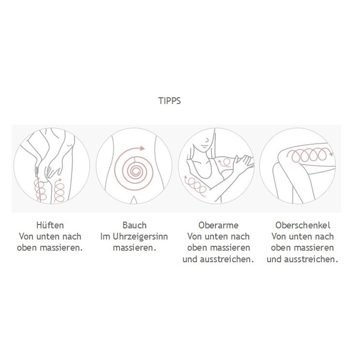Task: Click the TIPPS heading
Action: pos(169,101)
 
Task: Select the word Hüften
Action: pos(50,225)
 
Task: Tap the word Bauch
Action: pos(135,225)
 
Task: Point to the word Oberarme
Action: pos(218,225)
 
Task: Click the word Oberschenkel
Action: pos(302,225)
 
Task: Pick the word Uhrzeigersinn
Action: pos(140,237)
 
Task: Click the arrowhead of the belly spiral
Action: pos(142,149)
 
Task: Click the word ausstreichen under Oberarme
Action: pos(227,259)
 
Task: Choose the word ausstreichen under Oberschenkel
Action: pos(311,259)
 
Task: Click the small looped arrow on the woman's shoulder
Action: pos(225,162)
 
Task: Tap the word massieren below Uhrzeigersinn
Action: pos(135,248)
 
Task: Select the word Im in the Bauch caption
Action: pos(105,237)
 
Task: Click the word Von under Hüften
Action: pos(27,237)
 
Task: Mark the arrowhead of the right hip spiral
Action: pos(60,180)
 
